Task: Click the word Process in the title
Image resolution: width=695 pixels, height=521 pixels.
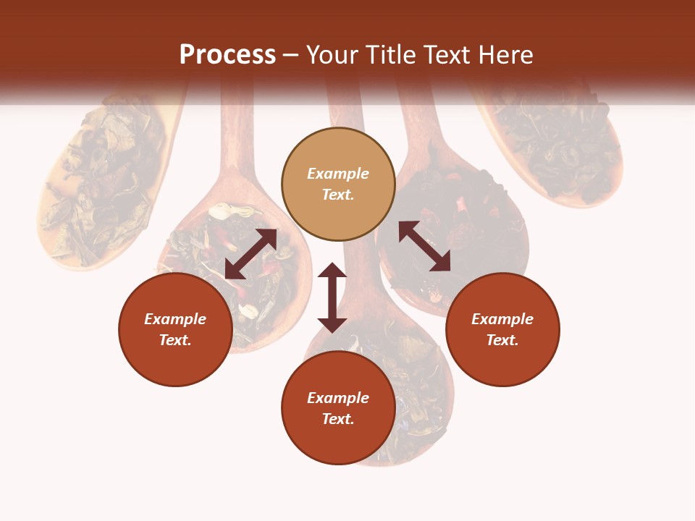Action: click(x=227, y=55)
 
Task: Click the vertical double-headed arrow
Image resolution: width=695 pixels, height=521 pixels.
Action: click(x=332, y=297)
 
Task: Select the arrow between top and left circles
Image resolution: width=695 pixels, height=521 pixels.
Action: click(x=250, y=254)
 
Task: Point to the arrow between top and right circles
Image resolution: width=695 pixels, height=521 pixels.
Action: click(x=424, y=246)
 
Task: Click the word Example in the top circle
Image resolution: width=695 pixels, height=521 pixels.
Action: click(x=338, y=174)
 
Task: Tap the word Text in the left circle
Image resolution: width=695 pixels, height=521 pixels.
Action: click(x=175, y=340)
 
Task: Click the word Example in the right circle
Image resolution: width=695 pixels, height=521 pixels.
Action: click(x=502, y=319)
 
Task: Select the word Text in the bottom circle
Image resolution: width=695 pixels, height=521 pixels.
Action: click(x=338, y=419)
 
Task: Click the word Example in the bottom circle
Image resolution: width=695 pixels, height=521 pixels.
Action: click(x=338, y=398)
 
